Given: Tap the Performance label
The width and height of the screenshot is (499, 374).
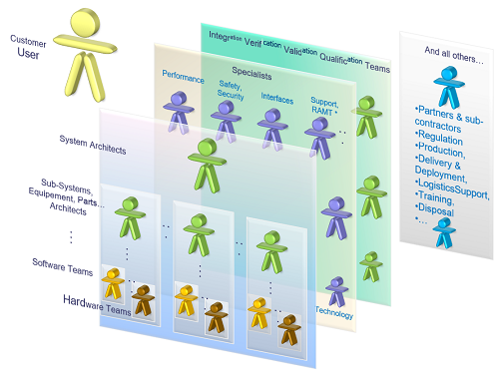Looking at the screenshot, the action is click(183, 77).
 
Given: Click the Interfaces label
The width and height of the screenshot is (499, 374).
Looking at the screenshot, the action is click(276, 99).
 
